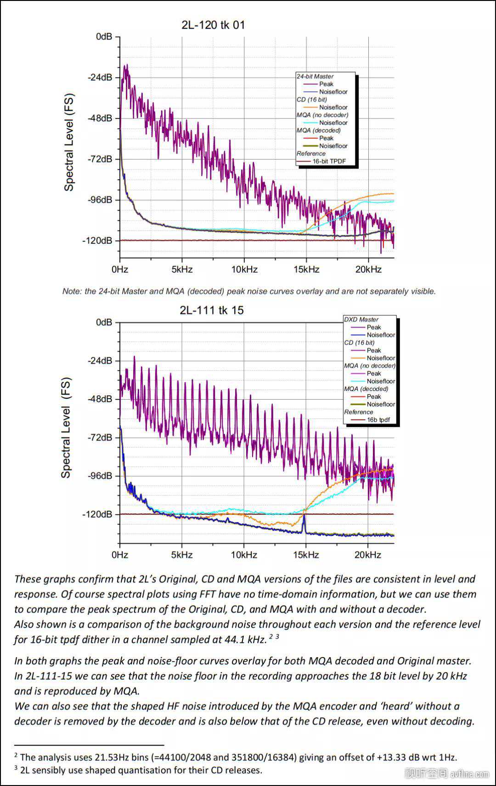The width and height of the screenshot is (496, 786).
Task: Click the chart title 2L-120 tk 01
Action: click(x=213, y=25)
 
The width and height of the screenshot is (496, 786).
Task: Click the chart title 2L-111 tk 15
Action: click(x=211, y=310)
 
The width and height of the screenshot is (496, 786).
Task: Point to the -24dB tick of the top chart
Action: click(x=100, y=77)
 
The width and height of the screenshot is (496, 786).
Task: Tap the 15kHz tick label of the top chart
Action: click(x=306, y=269)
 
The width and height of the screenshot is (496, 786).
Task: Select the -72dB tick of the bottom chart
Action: click(x=100, y=437)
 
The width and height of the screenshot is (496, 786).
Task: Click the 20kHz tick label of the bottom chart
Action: click(x=368, y=555)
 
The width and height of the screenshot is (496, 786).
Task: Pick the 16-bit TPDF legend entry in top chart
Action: click(x=329, y=161)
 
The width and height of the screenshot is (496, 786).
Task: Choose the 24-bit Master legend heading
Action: click(x=315, y=76)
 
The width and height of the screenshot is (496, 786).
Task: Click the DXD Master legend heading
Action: click(x=361, y=319)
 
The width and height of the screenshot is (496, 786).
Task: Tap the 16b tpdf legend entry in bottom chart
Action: click(x=378, y=419)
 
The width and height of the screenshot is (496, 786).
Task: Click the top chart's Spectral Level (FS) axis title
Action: click(x=69, y=142)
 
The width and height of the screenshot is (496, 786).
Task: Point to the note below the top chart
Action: click(x=249, y=291)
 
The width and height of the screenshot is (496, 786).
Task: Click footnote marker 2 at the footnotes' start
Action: click(x=16, y=755)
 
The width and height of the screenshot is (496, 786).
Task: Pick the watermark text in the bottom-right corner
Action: click(x=446, y=774)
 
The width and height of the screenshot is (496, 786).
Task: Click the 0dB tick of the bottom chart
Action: click(x=104, y=322)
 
